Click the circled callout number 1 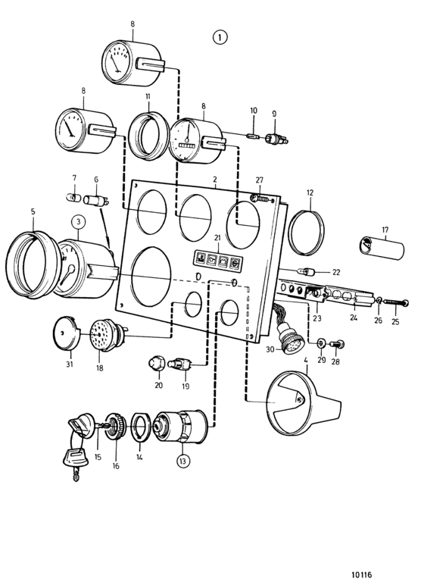pos(220,37)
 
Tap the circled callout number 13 pos(182,461)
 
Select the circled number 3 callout pos(78,222)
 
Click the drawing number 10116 pos(361,574)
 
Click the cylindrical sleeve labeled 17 pos(382,248)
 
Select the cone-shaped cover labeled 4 pos(304,403)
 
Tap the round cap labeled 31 pos(67,332)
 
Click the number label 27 pos(260,180)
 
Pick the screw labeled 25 pos(396,302)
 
